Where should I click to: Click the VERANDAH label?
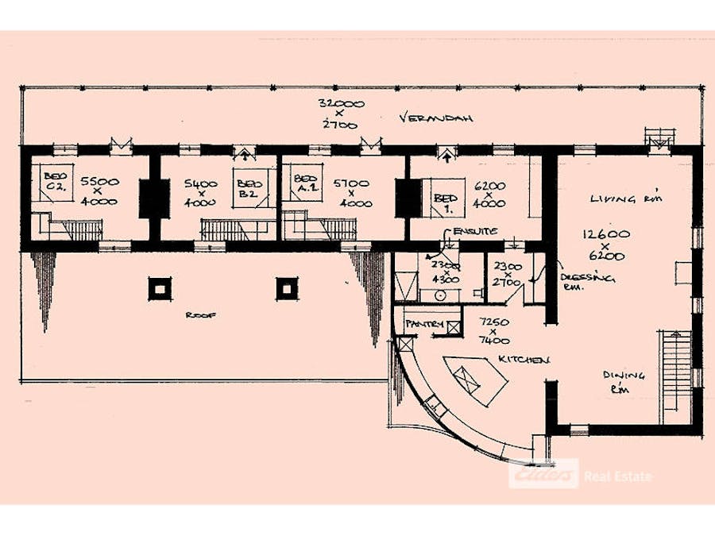(x=437, y=118)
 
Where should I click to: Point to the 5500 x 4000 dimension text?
(x=99, y=191)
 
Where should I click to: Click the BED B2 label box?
(x=249, y=187)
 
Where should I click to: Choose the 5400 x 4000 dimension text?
(x=202, y=192)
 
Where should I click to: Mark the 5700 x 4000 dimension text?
(x=351, y=192)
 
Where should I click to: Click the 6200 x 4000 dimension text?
(x=490, y=192)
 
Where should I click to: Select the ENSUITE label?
(x=475, y=231)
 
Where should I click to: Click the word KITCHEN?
(x=524, y=360)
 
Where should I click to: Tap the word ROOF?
(x=196, y=314)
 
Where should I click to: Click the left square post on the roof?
(x=160, y=287)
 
